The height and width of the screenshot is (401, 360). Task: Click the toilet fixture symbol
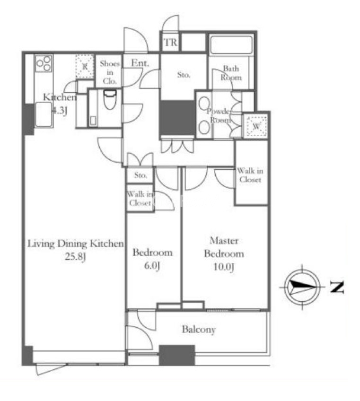110,99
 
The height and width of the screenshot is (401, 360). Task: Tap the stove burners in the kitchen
44,63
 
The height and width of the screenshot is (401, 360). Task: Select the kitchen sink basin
44,114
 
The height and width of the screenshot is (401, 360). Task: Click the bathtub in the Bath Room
231,45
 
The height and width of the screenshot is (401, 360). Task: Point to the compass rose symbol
302,287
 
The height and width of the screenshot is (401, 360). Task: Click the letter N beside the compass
337,287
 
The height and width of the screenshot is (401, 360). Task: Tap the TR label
170,42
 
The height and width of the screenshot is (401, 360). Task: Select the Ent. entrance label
140,63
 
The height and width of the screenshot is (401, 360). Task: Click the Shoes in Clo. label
110,72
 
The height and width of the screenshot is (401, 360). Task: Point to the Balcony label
199,330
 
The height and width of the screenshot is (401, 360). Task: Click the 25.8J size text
75,256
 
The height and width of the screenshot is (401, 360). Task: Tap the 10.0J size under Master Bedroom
224,267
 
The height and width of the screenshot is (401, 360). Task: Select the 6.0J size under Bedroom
152,266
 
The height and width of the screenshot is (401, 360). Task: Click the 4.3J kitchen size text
59,111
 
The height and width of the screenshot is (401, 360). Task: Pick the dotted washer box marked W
256,126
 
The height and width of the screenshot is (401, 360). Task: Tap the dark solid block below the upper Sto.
177,118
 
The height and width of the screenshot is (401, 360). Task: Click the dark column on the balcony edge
177,355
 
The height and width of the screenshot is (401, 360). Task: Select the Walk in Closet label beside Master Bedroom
250,175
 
